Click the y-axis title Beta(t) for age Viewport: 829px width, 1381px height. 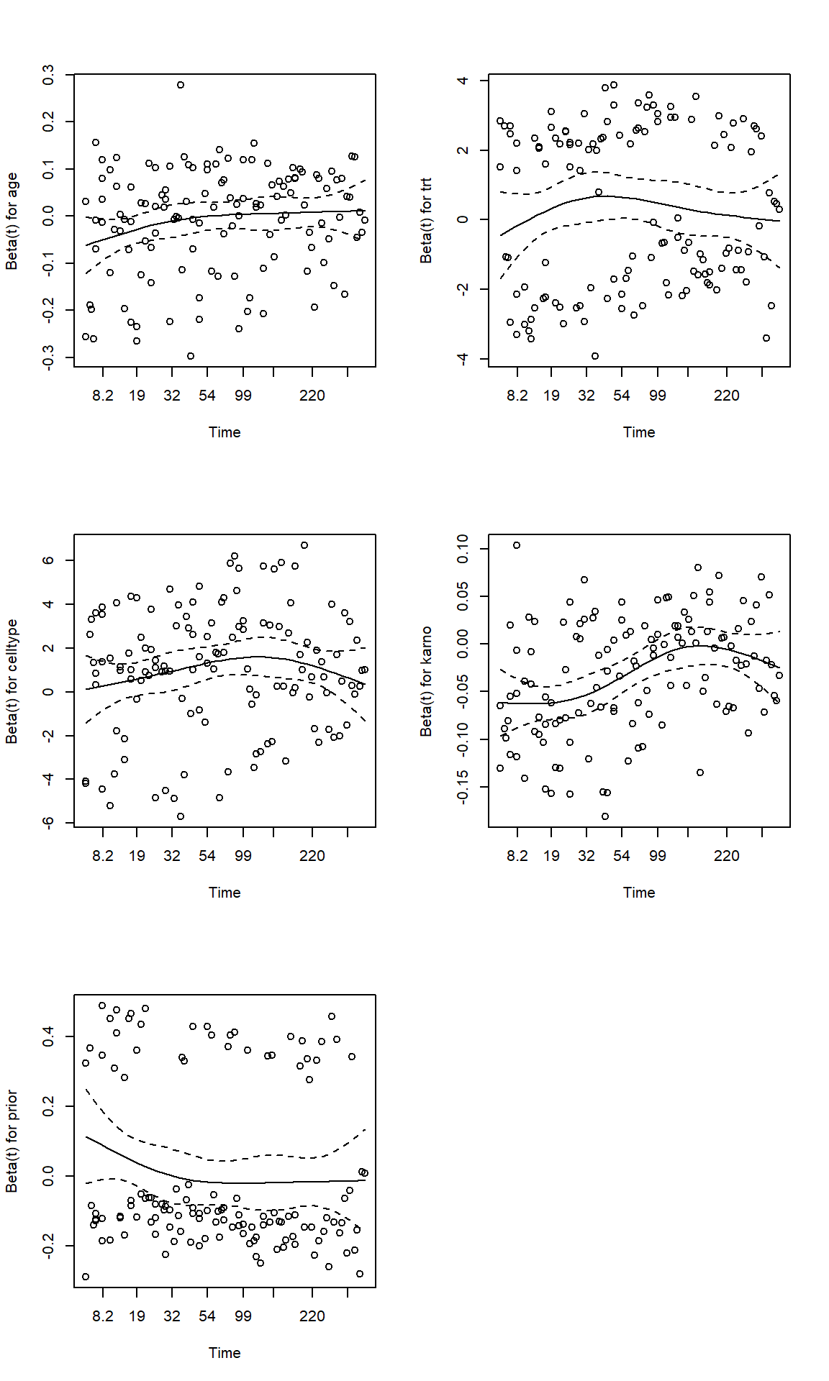point(12,221)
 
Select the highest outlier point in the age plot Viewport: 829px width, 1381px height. point(181,85)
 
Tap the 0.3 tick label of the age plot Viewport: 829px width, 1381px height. point(48,75)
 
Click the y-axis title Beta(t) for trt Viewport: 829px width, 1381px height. point(426,221)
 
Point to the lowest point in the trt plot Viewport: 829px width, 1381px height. point(595,356)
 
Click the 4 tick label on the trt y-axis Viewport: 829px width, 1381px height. point(463,81)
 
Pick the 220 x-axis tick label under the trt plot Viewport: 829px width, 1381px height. point(726,396)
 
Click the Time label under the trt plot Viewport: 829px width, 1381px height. point(639,432)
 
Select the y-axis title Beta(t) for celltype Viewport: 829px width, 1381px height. point(12,681)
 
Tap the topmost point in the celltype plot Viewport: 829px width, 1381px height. point(304,545)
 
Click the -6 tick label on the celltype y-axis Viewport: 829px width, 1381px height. point(48,823)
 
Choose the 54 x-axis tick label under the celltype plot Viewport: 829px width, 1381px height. point(207,856)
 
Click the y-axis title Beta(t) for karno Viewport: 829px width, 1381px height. point(426,681)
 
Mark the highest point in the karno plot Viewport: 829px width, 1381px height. point(517,545)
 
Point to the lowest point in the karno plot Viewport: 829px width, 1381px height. point(605,816)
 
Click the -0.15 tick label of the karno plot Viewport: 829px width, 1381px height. point(463,786)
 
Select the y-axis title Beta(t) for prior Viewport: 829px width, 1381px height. point(12,1141)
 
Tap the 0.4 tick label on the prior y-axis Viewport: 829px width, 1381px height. point(48,1036)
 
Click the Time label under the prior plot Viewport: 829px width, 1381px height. point(225,1353)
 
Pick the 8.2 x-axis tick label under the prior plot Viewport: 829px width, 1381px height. point(103,1316)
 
